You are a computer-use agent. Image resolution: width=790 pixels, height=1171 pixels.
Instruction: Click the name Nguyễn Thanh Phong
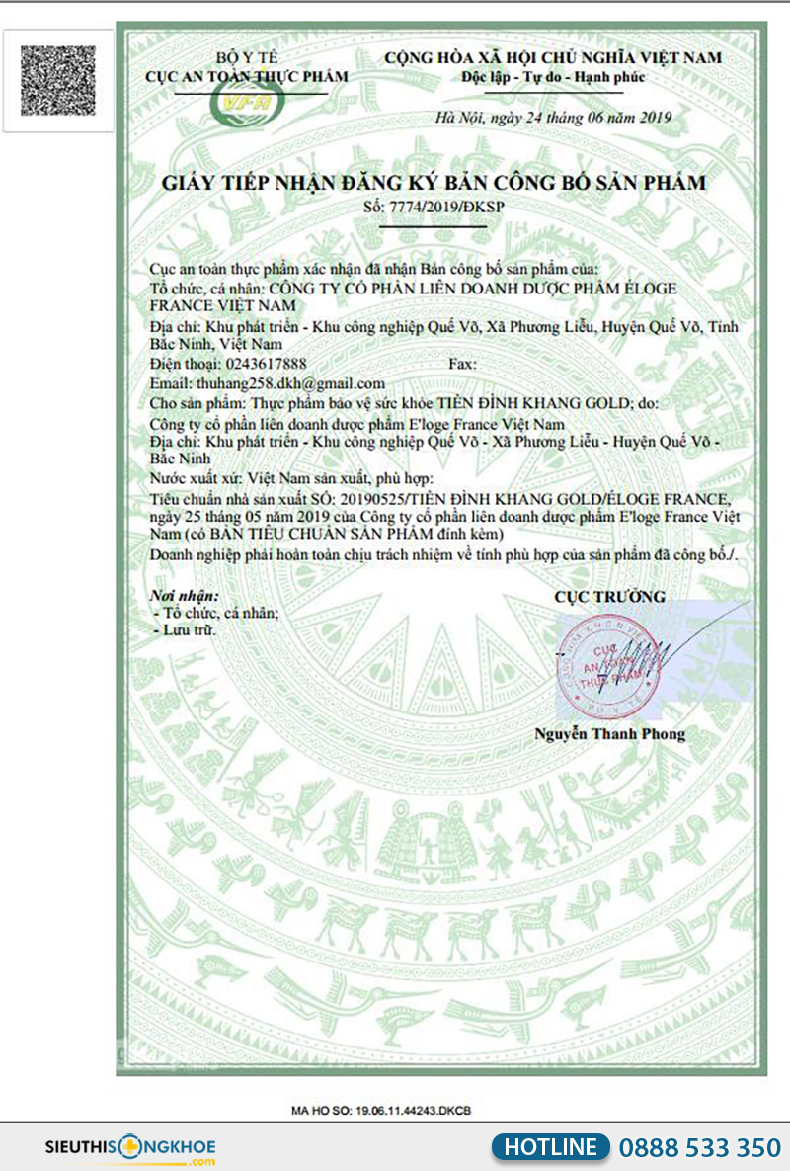coord(609,734)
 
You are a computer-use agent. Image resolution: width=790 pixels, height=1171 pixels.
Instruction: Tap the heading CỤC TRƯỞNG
coord(609,597)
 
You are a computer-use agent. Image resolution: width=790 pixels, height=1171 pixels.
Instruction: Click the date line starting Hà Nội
coord(553,117)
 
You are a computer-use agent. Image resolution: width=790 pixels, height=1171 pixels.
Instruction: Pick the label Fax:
coord(463,364)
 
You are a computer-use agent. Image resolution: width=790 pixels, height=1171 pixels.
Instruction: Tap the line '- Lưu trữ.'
coord(186,629)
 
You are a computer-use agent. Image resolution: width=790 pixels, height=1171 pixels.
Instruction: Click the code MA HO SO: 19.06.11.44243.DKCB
coord(381,1111)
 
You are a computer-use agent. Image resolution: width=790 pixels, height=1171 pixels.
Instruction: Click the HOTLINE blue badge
coord(550,1146)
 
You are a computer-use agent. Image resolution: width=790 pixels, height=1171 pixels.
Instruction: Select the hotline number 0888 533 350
coord(699,1147)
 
